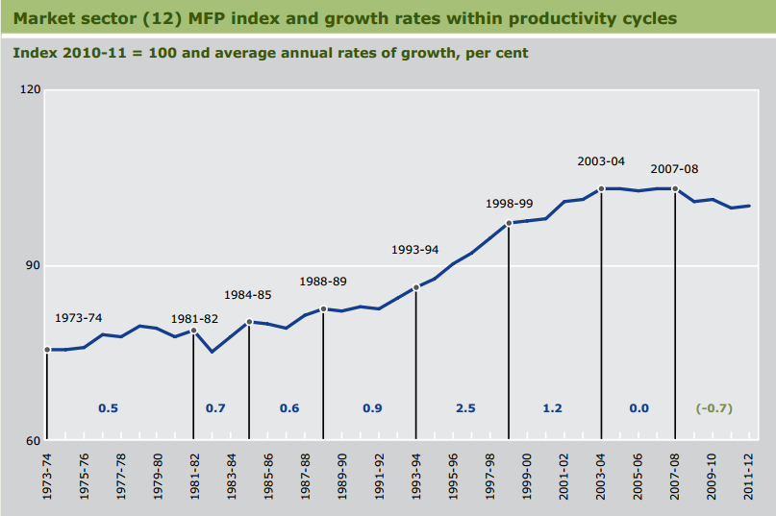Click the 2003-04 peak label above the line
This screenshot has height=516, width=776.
point(601,161)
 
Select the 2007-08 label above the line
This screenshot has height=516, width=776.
point(674,169)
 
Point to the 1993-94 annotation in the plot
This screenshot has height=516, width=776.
point(415,250)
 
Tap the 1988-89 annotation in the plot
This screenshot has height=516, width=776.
point(323,282)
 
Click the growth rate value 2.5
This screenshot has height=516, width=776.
point(465,408)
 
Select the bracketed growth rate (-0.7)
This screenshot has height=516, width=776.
point(713,408)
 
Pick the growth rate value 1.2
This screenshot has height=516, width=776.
point(552,408)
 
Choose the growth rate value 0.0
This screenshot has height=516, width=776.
point(638,408)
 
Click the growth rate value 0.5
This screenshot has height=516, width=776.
point(108,408)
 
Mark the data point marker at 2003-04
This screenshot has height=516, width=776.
point(601,189)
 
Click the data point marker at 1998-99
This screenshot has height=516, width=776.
point(509,224)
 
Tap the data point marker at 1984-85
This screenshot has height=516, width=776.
point(249,322)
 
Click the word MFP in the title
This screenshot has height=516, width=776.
point(199,18)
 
